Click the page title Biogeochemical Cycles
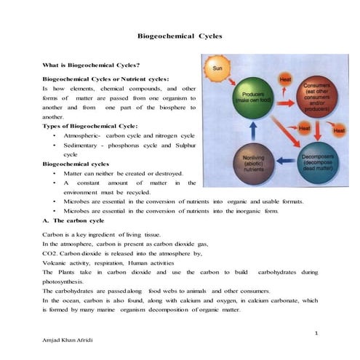[x=180, y=36]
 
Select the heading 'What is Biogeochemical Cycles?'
[x=91, y=65]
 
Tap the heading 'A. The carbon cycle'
[x=73, y=220]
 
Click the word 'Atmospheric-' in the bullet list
[x=82, y=136]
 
